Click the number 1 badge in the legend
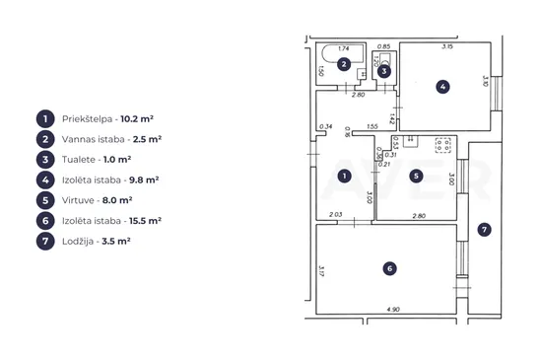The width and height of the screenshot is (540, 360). coord(45,119)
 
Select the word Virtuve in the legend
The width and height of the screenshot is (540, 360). coord(78,200)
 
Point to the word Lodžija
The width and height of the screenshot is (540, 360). coord(78,241)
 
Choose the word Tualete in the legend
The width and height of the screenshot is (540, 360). coord(79,160)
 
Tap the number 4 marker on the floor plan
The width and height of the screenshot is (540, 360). coord(442,87)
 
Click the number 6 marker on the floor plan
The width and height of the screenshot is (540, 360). coord(389,268)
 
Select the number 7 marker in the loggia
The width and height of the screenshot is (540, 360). coord(484,230)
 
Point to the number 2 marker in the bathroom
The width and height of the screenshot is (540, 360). coord(344,64)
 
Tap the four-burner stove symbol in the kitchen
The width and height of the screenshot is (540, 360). coord(442,145)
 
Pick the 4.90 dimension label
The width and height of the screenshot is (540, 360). coord(393,310)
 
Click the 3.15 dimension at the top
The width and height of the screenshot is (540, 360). coord(447,46)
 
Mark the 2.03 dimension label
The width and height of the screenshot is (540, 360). coord(336,214)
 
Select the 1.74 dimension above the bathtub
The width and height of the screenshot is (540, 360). coord(344,48)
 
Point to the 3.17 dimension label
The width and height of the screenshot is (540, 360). coord(321,270)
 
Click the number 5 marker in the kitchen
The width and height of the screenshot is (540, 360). coord(416,177)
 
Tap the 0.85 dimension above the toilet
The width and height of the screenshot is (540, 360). coord(383,46)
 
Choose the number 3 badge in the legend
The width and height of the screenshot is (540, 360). coord(45,160)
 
